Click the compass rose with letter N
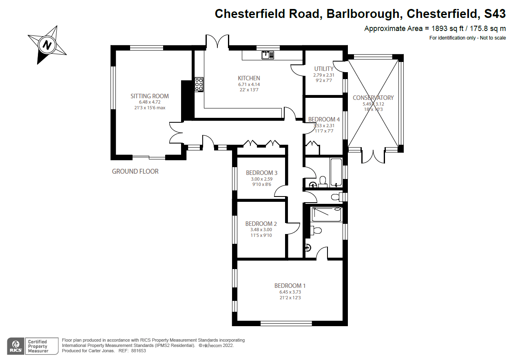47,44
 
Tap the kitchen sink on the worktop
268,54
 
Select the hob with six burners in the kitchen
199,84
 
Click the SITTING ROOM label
149,96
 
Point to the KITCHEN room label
249,78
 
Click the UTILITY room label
324,69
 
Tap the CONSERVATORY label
373,98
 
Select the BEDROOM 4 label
324,119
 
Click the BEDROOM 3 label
261,173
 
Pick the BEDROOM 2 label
261,224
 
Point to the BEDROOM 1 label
290,286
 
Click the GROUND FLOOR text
135,172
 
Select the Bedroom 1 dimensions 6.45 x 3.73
290,292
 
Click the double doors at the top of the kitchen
217,42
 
